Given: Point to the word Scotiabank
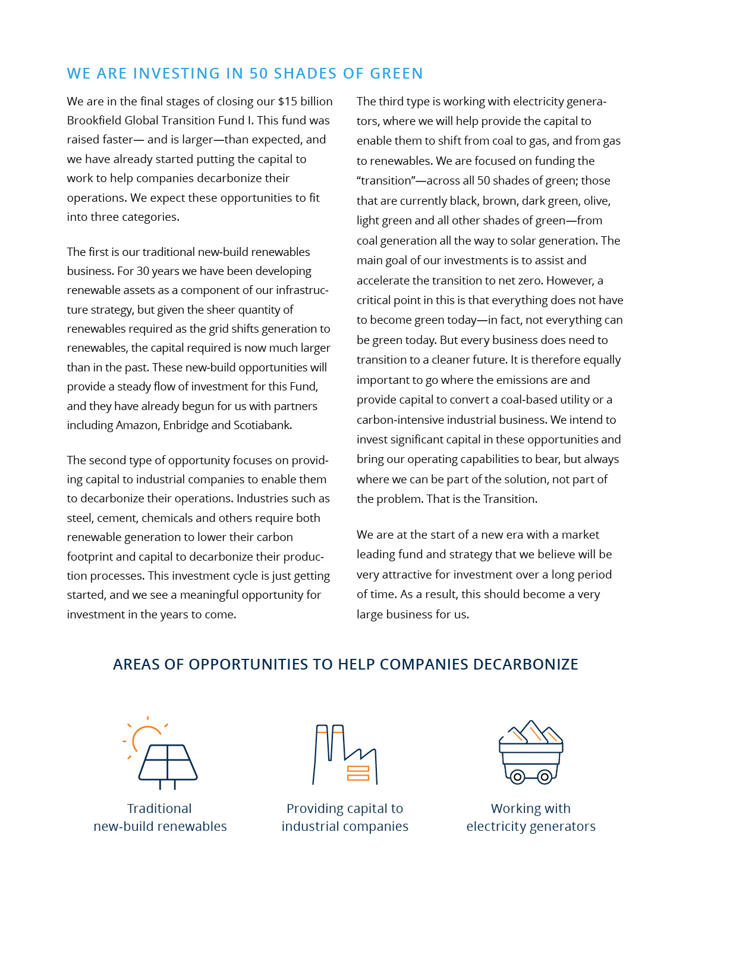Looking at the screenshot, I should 262,425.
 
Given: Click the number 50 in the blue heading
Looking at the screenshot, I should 259,73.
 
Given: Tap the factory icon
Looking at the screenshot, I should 345,755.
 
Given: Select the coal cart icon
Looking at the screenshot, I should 531,752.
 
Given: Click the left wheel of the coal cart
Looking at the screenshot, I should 517,777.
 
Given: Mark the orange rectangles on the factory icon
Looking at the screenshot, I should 358,773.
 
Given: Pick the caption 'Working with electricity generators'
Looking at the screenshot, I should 531,817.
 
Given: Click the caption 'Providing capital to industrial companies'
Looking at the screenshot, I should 345,817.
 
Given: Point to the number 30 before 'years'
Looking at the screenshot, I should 143,271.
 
